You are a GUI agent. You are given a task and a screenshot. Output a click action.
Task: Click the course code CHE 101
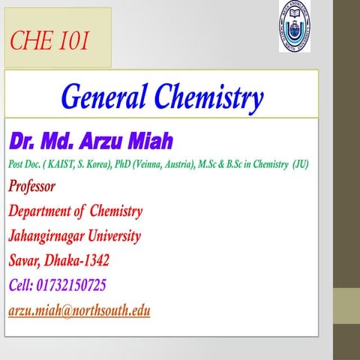click(49, 42)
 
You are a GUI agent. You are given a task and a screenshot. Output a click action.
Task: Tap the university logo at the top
click(294, 27)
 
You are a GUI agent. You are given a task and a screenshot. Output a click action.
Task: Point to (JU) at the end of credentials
click(300, 163)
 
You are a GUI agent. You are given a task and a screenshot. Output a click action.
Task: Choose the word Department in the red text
click(42, 211)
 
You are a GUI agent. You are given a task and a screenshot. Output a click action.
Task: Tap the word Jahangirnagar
click(49, 235)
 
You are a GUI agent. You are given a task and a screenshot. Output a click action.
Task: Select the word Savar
click(27, 260)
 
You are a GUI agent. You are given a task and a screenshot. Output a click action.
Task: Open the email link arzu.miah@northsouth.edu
click(79, 310)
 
